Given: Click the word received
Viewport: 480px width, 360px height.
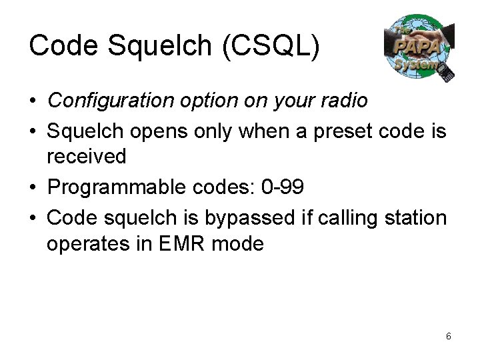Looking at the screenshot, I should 86,157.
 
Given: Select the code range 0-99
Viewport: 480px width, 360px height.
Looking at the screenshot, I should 283,187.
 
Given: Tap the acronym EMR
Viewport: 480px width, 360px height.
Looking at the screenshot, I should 181,244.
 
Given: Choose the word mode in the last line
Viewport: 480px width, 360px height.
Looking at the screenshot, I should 237,244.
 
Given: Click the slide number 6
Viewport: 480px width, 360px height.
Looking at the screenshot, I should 448,337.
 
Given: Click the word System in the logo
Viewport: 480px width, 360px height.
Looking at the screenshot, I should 415,65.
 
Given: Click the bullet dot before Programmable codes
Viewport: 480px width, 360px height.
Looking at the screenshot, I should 33,188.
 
